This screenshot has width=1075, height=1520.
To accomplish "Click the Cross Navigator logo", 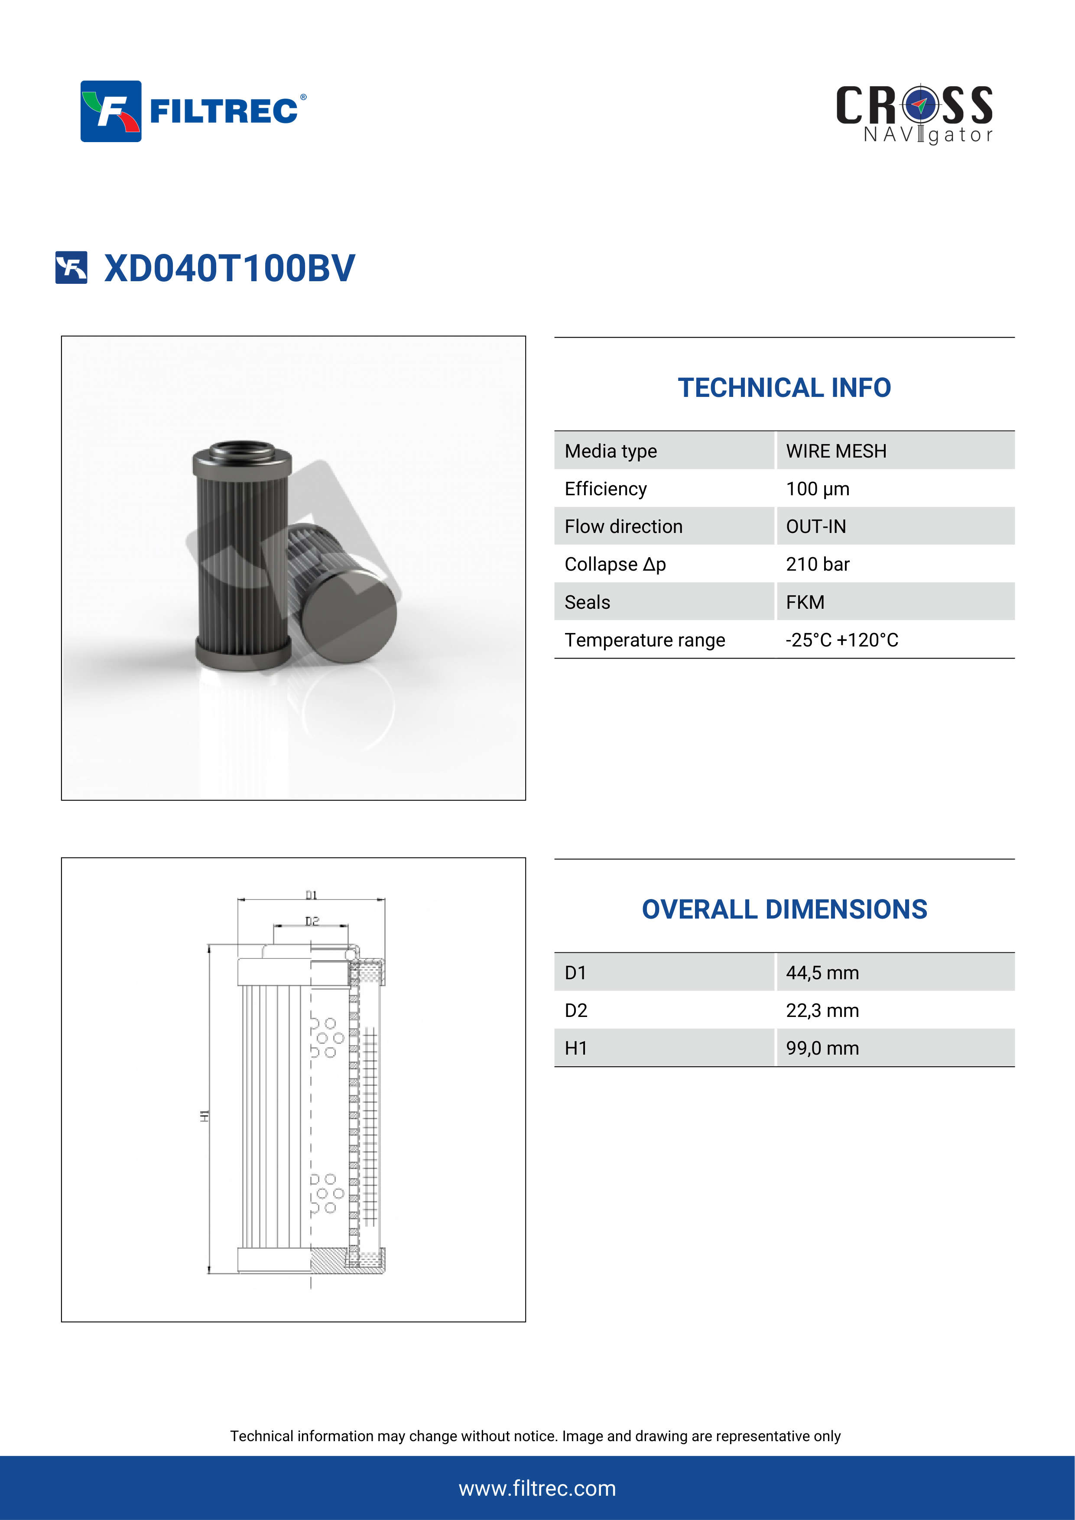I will [x=914, y=114].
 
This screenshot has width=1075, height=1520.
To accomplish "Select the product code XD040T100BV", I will [x=229, y=268].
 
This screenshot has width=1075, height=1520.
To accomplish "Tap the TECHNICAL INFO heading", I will [x=784, y=388].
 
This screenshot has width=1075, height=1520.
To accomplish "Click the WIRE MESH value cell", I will [x=835, y=451].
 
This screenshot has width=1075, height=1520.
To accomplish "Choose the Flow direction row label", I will [x=623, y=526].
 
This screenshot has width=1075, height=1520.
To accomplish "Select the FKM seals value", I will [x=805, y=602].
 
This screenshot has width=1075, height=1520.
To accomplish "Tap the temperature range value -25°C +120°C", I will [x=841, y=640].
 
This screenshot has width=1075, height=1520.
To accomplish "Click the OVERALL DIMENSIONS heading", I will [x=784, y=909].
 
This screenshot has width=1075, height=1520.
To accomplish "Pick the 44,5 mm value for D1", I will [x=822, y=972].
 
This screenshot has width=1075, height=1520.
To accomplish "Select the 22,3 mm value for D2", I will [x=822, y=1010].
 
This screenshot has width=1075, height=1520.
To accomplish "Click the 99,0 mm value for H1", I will [x=822, y=1048].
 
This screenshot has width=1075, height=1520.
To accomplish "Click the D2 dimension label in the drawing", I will [x=312, y=921].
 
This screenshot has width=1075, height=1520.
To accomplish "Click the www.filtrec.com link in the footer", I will [x=537, y=1488].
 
